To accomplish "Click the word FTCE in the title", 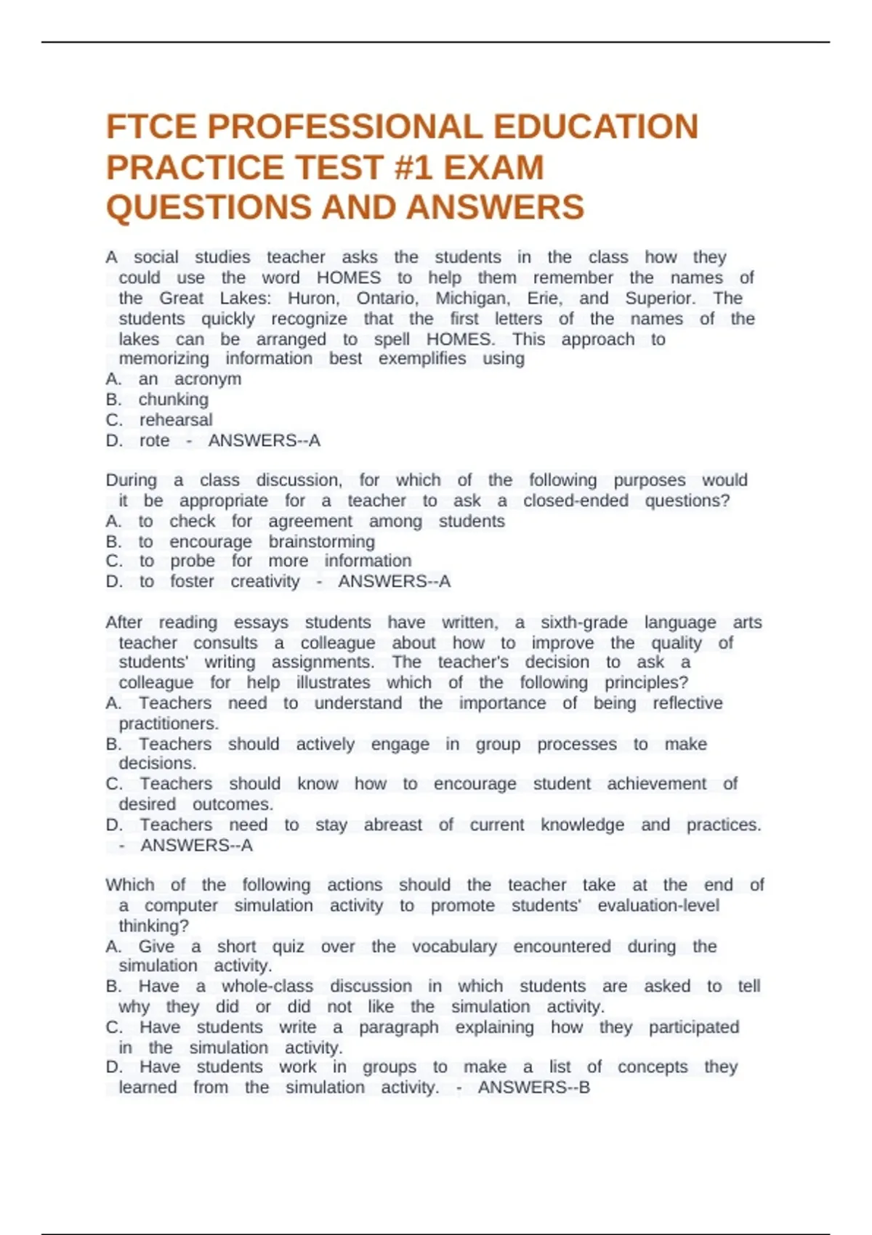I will (x=151, y=127).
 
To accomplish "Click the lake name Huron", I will (x=313, y=299).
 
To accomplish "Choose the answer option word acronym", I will (x=207, y=379).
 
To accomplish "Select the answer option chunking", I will (x=173, y=400).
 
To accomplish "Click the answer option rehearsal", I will (x=176, y=420).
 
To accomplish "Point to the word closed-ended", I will (x=576, y=501).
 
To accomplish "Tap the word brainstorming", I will (x=321, y=542).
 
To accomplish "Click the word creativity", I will (x=265, y=582).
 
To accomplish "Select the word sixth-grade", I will (x=584, y=623).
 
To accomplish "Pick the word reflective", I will (x=687, y=703).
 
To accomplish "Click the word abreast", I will (x=392, y=825).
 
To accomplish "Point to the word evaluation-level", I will (x=658, y=906).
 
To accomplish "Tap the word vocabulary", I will (x=454, y=947).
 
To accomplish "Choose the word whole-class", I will (x=267, y=987).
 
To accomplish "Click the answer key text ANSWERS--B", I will (x=533, y=1088).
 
